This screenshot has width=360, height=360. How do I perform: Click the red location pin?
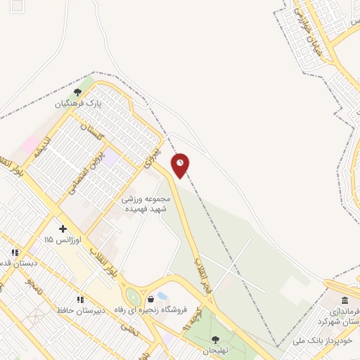click(181, 165)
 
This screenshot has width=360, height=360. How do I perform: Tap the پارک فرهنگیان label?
click(80, 103)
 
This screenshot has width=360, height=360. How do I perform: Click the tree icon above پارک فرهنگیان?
click(78, 91)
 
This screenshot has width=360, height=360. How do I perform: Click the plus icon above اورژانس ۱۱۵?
click(63, 229)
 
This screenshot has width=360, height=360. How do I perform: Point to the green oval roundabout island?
click(131, 297)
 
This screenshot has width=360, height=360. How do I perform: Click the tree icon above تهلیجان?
click(214, 339)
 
